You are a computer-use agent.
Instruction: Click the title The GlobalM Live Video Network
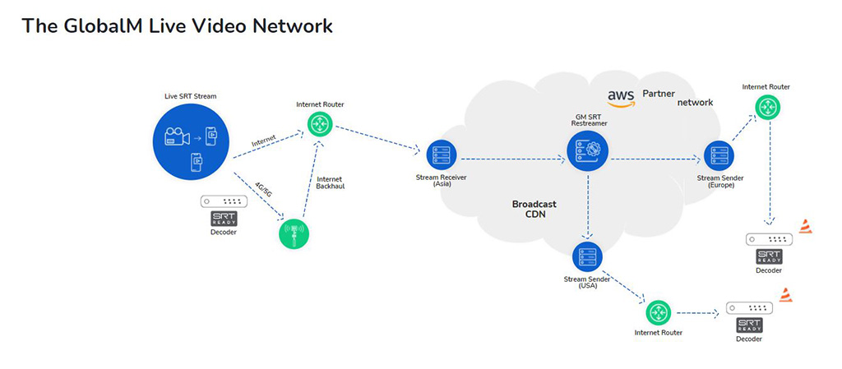pyautogui.click(x=177, y=25)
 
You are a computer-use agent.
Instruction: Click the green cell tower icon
pyautogui.click(x=294, y=233)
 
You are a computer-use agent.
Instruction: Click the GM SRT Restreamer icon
pyautogui.click(x=587, y=150)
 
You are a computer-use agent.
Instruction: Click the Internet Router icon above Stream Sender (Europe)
pyautogui.click(x=766, y=107)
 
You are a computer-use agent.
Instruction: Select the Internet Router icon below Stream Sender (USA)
pyautogui.click(x=659, y=312)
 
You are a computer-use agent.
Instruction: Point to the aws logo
pyautogui.click(x=621, y=99)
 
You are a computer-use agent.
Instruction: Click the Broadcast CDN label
pyautogui.click(x=534, y=209)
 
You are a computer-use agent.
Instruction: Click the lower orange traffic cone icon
pyautogui.click(x=786, y=295)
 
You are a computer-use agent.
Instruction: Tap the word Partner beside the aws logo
pyautogui.click(x=659, y=94)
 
